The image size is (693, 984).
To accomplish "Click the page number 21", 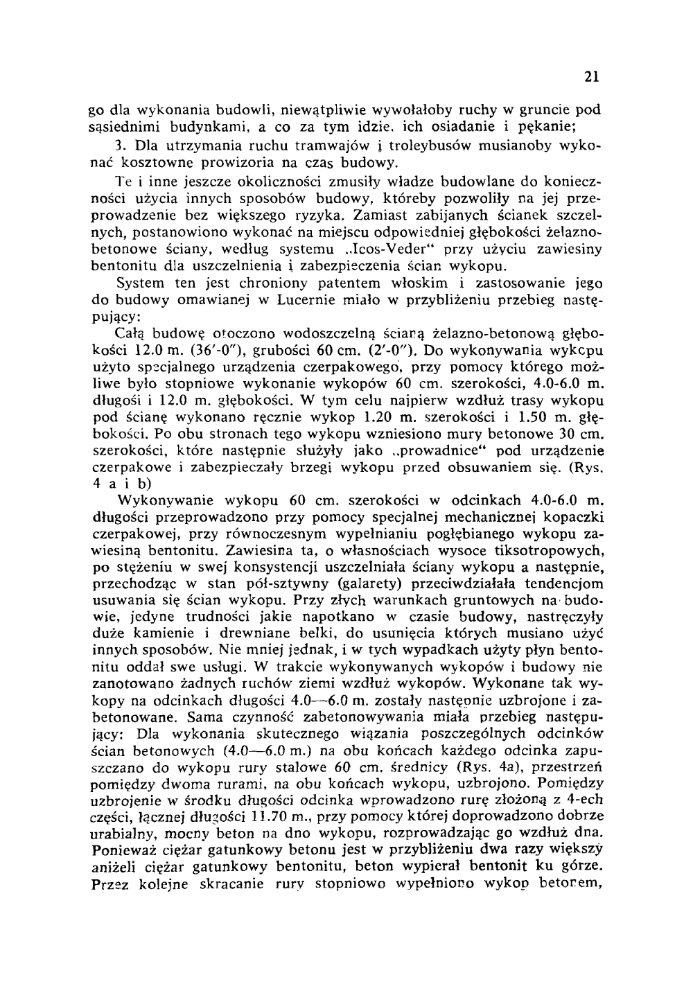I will pyautogui.click(x=591, y=77).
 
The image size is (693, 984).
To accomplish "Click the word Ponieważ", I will pyautogui.click(x=123, y=850).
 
